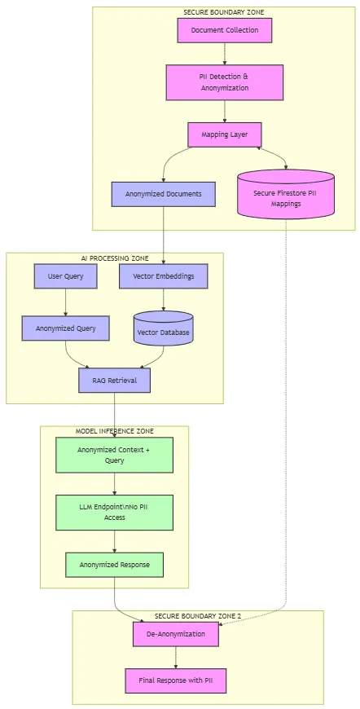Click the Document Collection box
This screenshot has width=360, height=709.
click(224, 30)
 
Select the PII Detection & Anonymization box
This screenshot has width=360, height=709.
click(224, 82)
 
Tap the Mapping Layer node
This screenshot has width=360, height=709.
click(224, 134)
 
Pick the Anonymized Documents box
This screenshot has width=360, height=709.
click(163, 194)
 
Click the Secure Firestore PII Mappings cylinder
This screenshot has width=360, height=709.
click(286, 195)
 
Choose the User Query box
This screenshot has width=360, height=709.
click(65, 276)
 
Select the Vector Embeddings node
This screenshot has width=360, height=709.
click(163, 276)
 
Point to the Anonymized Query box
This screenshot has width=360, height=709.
click(65, 328)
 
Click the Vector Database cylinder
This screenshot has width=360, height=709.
click(163, 329)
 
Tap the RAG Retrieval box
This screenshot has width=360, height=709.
click(114, 380)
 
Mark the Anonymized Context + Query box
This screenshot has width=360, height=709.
click(114, 455)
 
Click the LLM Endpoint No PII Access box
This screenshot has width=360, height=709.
click(114, 512)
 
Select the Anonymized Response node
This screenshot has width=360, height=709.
click(114, 565)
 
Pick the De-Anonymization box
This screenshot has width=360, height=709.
click(176, 633)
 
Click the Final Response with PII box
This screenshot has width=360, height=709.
click(176, 680)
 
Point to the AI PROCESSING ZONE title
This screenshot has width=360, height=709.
click(114, 258)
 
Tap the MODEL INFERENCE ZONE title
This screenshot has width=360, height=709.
click(114, 431)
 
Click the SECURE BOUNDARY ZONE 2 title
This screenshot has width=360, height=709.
click(198, 616)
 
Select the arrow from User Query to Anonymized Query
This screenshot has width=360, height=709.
click(65, 302)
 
